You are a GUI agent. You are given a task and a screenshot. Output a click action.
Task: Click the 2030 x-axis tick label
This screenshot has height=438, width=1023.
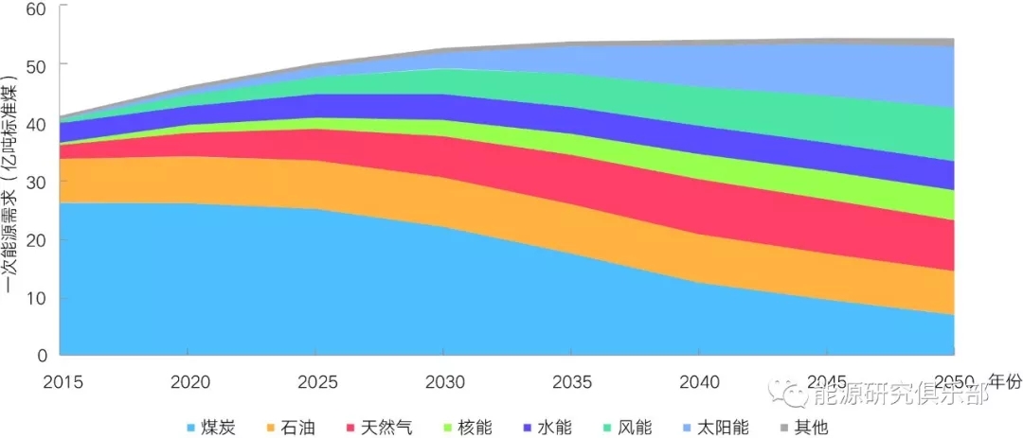click(445, 381)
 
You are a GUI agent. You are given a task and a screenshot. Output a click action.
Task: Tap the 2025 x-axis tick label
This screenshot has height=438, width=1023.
click(316, 381)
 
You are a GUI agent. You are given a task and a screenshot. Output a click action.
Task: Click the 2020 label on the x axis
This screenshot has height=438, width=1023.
click(188, 381)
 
